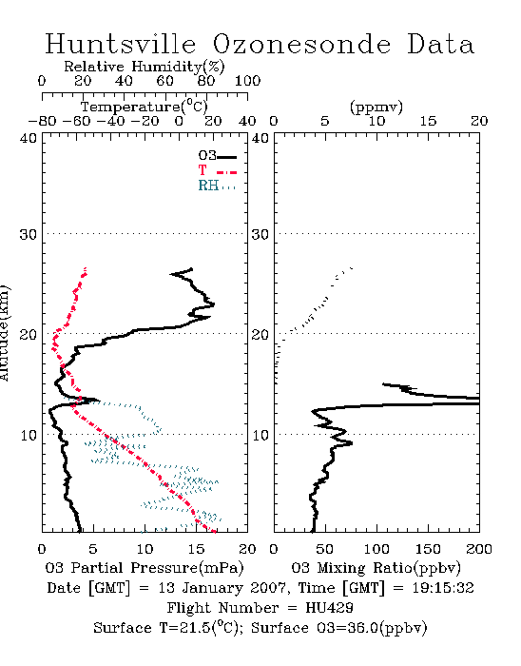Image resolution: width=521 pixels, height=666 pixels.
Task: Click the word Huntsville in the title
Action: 121,44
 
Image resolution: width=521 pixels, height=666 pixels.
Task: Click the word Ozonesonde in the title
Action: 301,44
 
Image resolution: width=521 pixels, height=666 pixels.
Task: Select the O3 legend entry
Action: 217,156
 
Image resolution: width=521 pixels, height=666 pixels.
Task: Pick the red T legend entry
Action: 217,170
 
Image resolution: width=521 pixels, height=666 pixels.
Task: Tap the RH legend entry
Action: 217,186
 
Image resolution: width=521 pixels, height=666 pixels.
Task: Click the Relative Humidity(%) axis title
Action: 145,67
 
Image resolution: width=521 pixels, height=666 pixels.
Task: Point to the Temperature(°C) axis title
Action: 145,107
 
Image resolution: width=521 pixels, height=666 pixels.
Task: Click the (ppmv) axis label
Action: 376,107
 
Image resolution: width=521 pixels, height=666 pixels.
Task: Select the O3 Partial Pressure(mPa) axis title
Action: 145,568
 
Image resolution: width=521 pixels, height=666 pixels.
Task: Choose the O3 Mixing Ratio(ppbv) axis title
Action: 376,568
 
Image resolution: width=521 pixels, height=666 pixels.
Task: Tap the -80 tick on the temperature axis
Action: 42,122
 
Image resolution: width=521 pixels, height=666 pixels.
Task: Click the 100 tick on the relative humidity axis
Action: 247,81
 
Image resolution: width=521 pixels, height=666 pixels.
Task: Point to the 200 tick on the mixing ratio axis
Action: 479,549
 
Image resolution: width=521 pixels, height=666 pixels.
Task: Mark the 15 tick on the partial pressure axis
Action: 196,549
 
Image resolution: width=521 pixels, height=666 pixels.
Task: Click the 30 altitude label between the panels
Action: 260,234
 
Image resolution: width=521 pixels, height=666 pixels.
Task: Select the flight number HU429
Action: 329,608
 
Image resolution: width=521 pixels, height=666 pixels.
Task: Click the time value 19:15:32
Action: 443,588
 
